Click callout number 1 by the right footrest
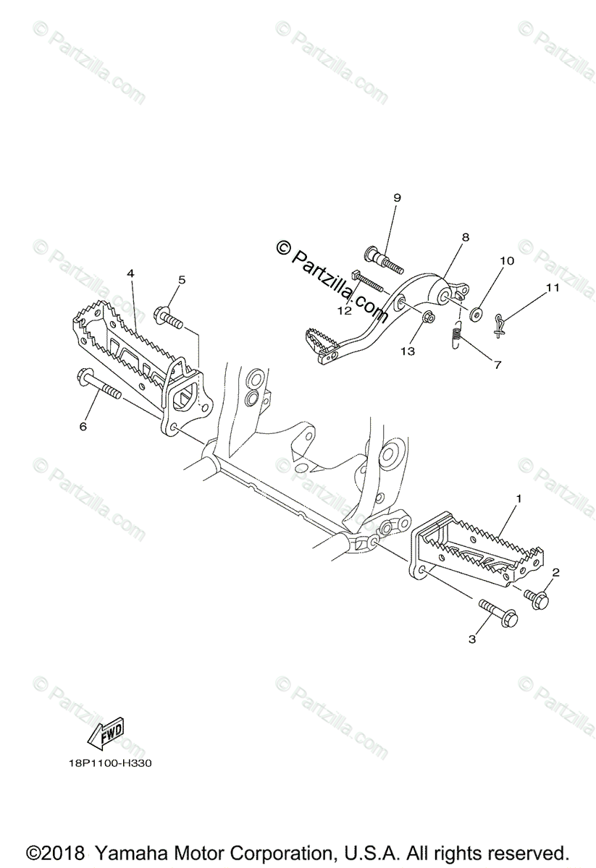click(518, 499)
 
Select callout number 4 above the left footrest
click(130, 273)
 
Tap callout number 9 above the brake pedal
click(397, 197)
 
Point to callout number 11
click(553, 287)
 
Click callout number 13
click(408, 351)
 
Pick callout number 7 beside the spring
click(497, 365)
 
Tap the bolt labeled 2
click(536, 599)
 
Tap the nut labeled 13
click(429, 316)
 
